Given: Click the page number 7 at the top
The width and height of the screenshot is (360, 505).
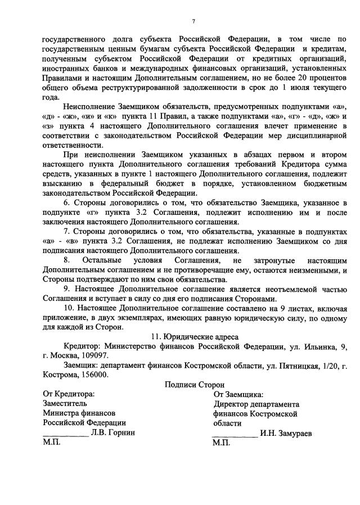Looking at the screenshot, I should [193, 21].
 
